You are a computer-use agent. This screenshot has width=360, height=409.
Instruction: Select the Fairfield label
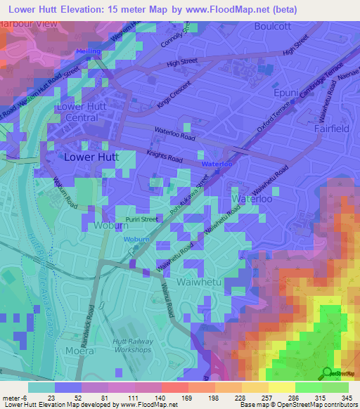[328, 129]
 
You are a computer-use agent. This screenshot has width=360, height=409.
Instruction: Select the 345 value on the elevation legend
[347, 398]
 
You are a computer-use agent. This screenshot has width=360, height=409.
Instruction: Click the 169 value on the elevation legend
[173, 398]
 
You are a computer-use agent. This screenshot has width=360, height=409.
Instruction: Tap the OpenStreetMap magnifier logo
[327, 372]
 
